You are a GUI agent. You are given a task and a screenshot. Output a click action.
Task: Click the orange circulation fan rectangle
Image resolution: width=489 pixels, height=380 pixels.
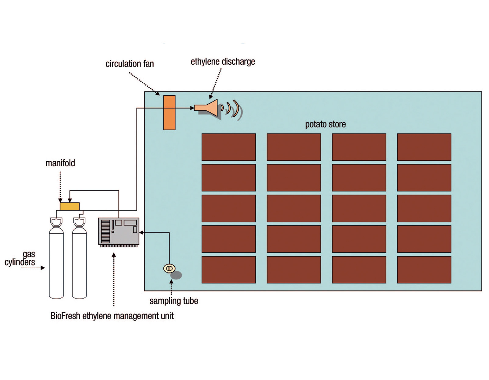click(169, 113)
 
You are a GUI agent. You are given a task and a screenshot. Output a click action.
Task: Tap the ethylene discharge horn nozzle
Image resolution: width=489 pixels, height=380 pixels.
click(206, 108)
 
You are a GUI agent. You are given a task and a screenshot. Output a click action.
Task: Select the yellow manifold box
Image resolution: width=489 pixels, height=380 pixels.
click(70, 206)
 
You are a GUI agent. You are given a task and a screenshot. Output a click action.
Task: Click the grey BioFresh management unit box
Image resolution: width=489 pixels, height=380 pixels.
click(119, 232)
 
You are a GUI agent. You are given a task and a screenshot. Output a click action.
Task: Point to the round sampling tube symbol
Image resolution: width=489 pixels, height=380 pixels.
click(169, 268)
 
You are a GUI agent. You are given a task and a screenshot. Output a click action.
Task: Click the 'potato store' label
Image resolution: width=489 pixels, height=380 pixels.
click(325, 124)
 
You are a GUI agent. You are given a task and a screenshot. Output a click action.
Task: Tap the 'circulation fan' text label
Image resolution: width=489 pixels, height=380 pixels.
click(130, 64)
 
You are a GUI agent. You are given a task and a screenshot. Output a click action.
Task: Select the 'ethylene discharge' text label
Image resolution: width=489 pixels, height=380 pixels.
click(223, 62)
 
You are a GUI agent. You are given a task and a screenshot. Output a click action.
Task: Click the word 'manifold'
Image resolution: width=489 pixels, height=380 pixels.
click(60, 163)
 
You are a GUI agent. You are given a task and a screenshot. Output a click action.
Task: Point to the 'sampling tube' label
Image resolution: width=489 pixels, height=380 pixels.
click(174, 301)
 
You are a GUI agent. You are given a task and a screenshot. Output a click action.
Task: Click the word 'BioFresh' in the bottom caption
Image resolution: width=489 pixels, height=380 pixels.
click(65, 316)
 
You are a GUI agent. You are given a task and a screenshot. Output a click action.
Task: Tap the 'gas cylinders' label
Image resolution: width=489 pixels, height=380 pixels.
click(20, 258)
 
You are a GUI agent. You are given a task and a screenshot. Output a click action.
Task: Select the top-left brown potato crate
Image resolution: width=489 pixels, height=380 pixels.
click(229, 147)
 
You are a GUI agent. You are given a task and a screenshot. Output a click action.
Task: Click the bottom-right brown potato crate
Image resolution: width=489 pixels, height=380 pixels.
click(424, 270)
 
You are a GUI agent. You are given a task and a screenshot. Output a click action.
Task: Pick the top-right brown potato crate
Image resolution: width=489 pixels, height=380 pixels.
click(424, 147)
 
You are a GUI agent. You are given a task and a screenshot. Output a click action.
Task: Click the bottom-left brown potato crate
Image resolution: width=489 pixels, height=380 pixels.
click(229, 270)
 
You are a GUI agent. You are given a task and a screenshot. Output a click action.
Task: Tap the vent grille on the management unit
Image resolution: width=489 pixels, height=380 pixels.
click(105, 232)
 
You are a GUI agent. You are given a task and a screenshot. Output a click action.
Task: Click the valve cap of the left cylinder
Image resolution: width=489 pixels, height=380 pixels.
click(56, 222)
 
